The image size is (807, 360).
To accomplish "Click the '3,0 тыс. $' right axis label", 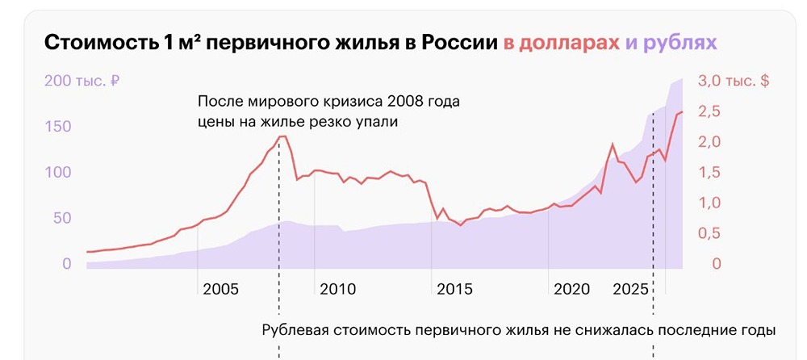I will [x=733, y=81].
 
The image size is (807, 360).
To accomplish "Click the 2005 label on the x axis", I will [x=220, y=289].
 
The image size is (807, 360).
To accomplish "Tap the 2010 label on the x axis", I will [x=337, y=289].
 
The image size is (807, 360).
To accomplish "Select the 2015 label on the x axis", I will [x=454, y=289].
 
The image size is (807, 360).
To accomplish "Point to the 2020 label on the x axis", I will [x=571, y=289].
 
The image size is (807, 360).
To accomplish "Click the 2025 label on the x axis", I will [x=631, y=289].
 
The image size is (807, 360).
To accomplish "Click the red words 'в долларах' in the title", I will [x=562, y=42].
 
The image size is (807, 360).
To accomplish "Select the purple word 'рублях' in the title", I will [x=685, y=42].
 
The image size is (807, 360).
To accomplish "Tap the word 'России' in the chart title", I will [x=458, y=42].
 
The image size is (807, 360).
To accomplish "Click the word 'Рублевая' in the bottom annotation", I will [x=298, y=330].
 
